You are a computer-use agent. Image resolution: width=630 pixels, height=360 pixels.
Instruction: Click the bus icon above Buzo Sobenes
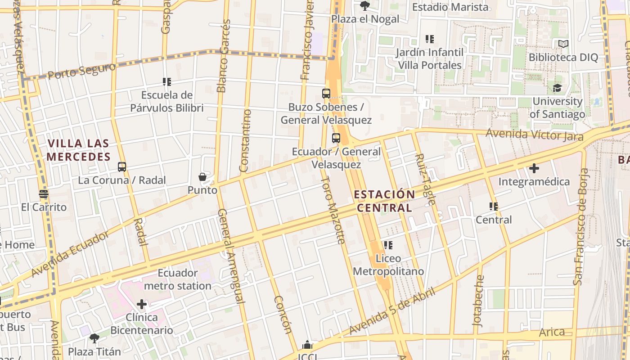click(326, 94)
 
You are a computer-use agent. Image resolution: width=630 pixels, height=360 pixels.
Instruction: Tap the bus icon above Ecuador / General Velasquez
click(336, 138)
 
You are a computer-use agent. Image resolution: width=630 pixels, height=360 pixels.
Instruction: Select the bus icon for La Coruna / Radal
click(121, 167)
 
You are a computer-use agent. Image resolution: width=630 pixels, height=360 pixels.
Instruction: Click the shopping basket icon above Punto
click(202, 177)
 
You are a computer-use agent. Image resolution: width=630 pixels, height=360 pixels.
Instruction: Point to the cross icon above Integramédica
click(534, 168)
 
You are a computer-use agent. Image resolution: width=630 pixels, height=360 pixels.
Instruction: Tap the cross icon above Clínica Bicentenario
click(142, 304)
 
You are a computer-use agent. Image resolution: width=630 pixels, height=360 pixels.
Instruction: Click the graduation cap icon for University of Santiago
click(558, 88)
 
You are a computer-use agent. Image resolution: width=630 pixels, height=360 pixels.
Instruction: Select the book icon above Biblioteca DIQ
click(563, 44)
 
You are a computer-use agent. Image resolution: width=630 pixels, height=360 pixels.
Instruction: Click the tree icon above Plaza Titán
click(94, 337)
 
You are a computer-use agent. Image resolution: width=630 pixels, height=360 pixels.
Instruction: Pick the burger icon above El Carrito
click(44, 194)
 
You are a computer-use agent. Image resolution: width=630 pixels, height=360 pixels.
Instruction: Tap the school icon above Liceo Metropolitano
click(388, 245)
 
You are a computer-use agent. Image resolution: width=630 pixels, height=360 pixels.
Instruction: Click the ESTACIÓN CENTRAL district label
click(384, 201)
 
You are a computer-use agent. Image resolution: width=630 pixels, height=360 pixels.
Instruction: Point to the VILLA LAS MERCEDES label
click(78, 150)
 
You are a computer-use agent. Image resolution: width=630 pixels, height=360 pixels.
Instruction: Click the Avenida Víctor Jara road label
click(534, 135)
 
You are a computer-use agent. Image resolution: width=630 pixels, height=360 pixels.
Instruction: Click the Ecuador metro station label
click(177, 279)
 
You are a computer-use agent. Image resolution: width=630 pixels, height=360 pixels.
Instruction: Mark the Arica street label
click(552, 332)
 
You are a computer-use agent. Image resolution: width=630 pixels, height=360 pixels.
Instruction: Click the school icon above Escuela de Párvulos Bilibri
click(167, 82)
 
